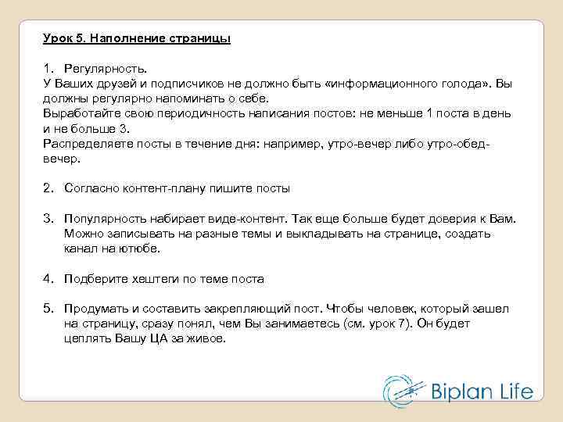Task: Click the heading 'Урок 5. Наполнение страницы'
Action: click(137, 38)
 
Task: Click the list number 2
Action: click(48, 188)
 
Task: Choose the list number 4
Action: click(48, 278)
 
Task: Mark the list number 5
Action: click(48, 309)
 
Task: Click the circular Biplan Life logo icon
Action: click(401, 391)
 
